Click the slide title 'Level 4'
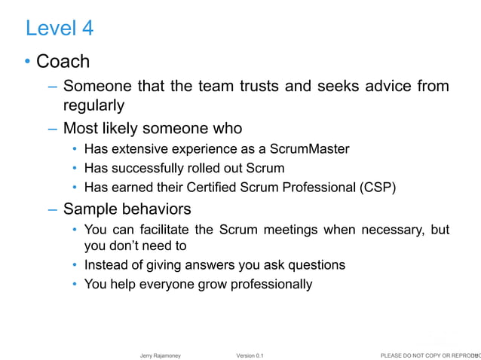tap(60, 29)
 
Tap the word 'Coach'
tap(63, 62)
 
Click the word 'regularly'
tap(93, 105)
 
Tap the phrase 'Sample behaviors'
tap(127, 208)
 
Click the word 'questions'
tap(311, 265)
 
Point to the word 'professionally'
tap(268, 285)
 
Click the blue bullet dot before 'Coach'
tap(28, 62)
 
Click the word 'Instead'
tap(106, 265)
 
